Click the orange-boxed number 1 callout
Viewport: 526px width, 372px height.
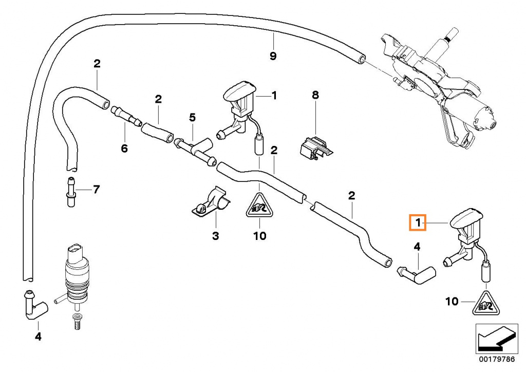click(x=418, y=222)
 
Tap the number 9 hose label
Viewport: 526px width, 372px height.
click(x=273, y=55)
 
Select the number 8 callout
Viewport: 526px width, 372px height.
click(x=315, y=95)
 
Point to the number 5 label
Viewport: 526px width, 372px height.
click(x=192, y=117)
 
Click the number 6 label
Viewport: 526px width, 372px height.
click(x=124, y=148)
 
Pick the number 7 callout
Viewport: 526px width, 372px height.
click(x=96, y=190)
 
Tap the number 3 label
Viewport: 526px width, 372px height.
click(x=215, y=236)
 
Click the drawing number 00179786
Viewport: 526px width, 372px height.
click(x=497, y=359)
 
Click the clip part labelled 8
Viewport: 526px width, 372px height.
click(x=315, y=145)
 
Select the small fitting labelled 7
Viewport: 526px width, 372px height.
click(x=71, y=192)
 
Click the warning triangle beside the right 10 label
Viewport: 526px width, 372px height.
click(x=486, y=303)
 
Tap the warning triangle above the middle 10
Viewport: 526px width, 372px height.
click(x=259, y=206)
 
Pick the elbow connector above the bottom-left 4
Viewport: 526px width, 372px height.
click(x=33, y=305)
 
